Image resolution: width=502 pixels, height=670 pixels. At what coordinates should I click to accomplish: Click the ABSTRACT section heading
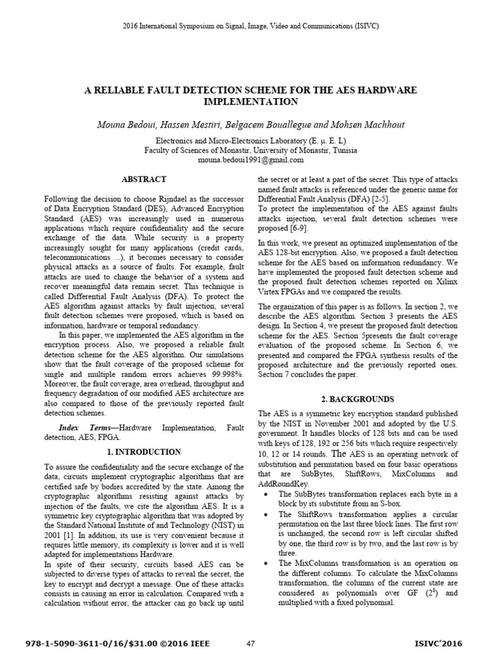click(144, 179)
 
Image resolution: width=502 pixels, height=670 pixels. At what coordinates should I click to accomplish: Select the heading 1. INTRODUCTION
click(144, 451)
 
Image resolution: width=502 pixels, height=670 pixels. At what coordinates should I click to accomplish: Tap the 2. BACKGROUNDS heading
click(358, 398)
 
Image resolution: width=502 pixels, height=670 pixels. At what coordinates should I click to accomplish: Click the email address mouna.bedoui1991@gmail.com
click(251, 160)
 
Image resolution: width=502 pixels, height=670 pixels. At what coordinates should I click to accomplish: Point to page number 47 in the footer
click(251, 644)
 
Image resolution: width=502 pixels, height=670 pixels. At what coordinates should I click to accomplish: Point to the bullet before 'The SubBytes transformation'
click(264, 494)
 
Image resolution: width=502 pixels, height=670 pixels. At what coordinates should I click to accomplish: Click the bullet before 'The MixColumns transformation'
click(264, 563)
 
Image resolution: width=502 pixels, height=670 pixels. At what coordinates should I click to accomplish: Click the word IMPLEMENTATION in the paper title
click(251, 101)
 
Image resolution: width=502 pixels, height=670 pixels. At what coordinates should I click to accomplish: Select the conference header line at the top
click(251, 26)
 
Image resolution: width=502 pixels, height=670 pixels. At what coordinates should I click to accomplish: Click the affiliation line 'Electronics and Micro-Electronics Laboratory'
click(251, 141)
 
